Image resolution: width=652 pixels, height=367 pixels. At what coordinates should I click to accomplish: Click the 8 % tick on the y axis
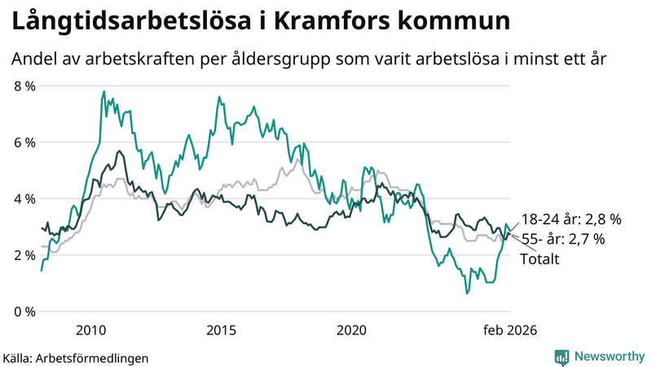pyautogui.click(x=24, y=86)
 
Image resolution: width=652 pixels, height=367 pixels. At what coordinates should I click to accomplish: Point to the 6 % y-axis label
pyautogui.click(x=24, y=142)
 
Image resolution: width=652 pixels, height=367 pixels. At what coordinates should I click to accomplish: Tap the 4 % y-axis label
pyautogui.click(x=24, y=198)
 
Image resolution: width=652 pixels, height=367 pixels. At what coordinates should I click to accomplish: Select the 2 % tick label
pyautogui.click(x=24, y=254)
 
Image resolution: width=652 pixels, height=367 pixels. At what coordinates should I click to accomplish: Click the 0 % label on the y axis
pyautogui.click(x=24, y=312)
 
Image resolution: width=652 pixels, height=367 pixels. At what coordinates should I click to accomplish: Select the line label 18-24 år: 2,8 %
pyautogui.click(x=571, y=219)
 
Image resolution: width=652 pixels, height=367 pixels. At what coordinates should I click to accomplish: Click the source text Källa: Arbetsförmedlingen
pyautogui.click(x=76, y=357)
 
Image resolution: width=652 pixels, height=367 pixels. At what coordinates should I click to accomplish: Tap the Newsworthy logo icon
pyautogui.click(x=562, y=356)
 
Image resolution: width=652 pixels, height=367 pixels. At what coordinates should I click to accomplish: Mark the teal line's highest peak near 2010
pyautogui.click(x=104, y=91)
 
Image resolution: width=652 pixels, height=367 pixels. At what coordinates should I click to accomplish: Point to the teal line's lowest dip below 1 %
pyautogui.click(x=467, y=293)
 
